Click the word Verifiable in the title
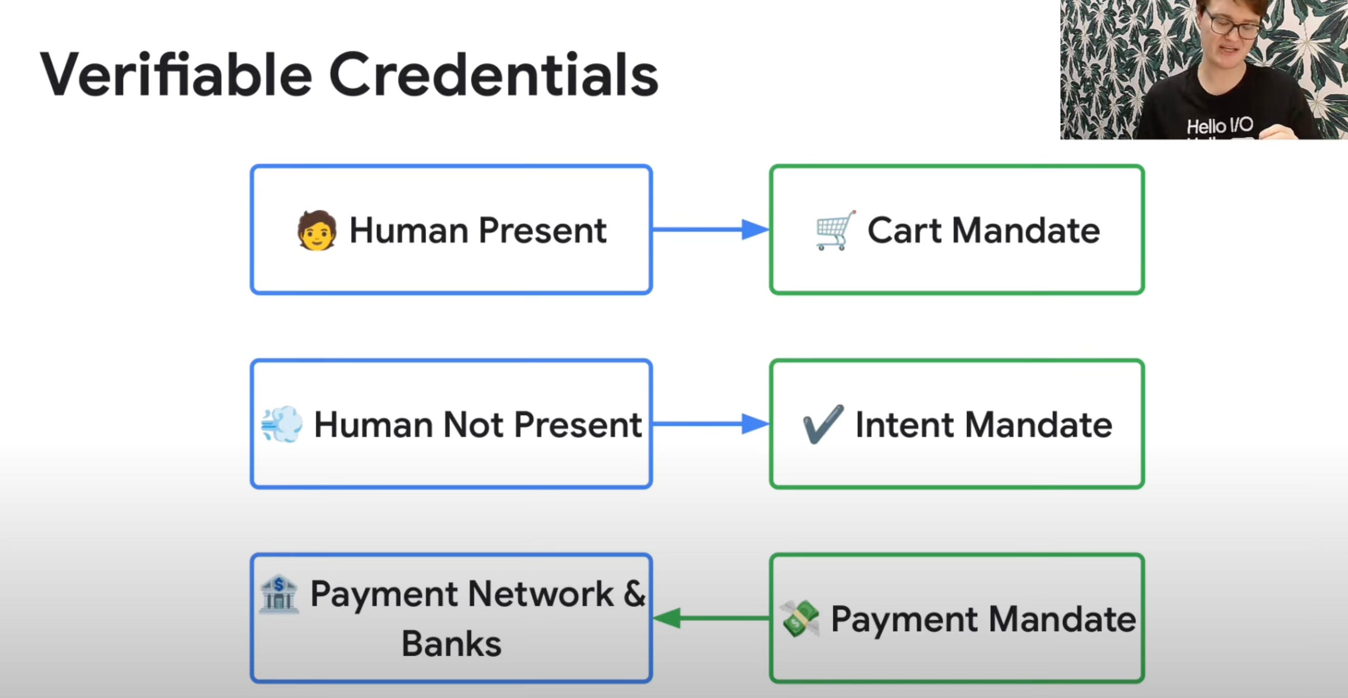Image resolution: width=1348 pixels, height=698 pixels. (176, 75)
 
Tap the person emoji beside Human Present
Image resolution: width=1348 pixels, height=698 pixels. (317, 231)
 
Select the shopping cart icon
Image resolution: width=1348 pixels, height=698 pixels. (836, 231)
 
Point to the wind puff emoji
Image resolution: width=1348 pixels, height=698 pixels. (282, 424)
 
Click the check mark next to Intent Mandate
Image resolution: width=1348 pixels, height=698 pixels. (823, 424)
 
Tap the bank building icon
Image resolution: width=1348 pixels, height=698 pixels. (279, 594)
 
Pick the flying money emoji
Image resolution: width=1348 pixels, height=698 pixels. (799, 619)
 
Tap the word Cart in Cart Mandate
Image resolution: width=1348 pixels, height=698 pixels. (905, 231)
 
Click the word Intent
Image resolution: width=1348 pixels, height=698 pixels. (904, 424)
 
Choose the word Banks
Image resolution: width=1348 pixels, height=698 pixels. (451, 644)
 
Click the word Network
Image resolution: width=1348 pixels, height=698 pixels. (540, 594)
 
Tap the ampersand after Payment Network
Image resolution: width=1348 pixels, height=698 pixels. (634, 594)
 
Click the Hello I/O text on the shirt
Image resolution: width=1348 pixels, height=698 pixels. (1219, 126)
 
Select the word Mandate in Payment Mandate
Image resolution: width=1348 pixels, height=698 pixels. (1062, 620)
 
